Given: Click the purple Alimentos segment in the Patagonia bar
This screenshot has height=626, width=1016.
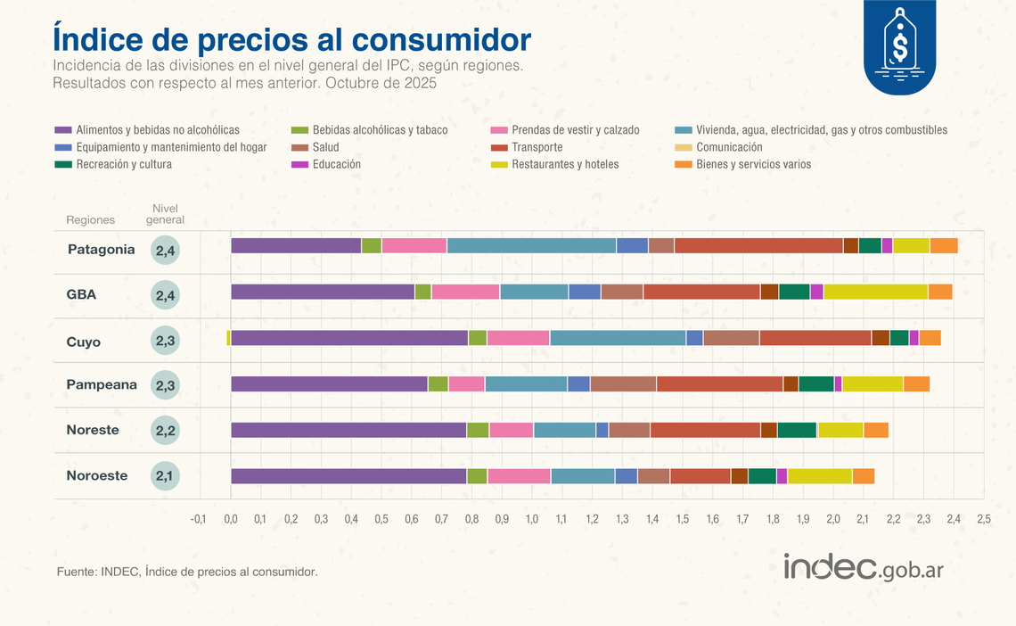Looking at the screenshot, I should (x=296, y=246).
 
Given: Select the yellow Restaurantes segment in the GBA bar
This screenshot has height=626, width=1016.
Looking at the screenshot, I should (x=875, y=292).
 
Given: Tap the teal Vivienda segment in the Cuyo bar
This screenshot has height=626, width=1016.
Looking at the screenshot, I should (x=618, y=337).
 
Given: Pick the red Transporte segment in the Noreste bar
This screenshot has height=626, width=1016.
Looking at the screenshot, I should (x=705, y=430).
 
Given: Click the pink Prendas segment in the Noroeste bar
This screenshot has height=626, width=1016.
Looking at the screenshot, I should (x=519, y=476).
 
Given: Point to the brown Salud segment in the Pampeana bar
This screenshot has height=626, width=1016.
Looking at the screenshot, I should (x=623, y=383).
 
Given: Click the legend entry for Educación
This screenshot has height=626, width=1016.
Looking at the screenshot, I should (x=336, y=164).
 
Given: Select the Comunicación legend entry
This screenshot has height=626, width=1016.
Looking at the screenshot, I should (x=729, y=147).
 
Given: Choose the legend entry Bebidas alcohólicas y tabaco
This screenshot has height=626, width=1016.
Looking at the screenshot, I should (x=380, y=130).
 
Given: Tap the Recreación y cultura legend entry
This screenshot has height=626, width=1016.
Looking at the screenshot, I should (x=124, y=164).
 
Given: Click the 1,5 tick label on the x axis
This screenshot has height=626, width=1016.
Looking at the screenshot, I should (x=683, y=519).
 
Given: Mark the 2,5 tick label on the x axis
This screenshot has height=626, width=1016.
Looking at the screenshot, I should (x=983, y=519).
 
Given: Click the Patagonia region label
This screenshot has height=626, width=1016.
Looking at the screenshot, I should (x=101, y=250).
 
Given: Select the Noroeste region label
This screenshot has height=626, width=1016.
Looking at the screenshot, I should (x=96, y=476).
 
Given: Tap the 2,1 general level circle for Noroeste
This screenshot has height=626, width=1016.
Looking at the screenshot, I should (x=165, y=476).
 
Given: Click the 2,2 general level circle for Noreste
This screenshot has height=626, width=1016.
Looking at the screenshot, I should (x=165, y=430).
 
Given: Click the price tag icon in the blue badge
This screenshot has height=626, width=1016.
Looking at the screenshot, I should (x=900, y=42).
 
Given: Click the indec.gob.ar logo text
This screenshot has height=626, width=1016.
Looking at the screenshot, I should (x=863, y=568).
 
